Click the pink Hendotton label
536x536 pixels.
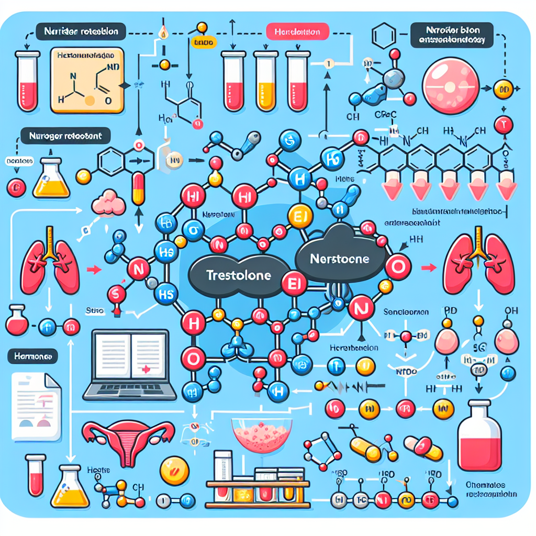pyautogui.click(x=297, y=32)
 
